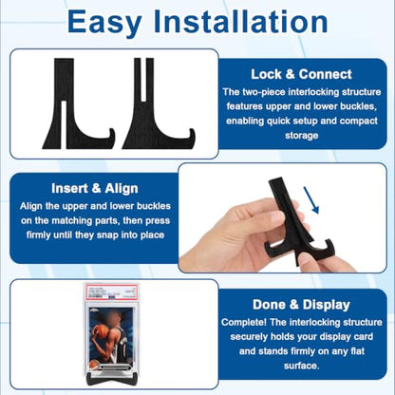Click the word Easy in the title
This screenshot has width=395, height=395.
click(x=104, y=22)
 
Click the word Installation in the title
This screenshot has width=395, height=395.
click(x=240, y=22)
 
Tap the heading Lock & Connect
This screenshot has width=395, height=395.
click(x=301, y=74)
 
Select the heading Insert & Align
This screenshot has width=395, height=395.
click(x=95, y=188)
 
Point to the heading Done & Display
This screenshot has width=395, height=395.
click(x=301, y=305)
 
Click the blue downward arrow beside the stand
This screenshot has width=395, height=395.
click(x=311, y=200)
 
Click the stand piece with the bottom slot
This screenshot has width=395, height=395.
click(x=79, y=103)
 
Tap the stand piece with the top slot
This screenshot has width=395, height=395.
click(x=159, y=103)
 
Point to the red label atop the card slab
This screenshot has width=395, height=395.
click(x=111, y=292)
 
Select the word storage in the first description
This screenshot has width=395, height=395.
click(x=301, y=136)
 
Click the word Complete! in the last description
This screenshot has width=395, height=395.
click(x=244, y=323)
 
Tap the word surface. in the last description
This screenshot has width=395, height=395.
click(x=301, y=366)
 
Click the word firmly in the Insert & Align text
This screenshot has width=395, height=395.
click(x=38, y=235)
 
